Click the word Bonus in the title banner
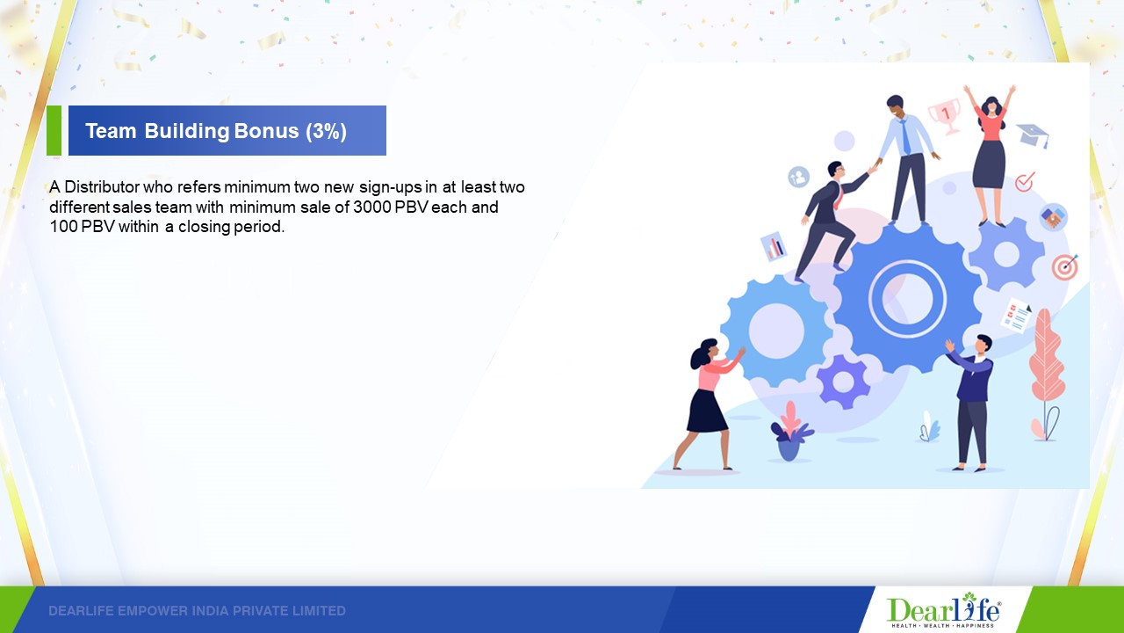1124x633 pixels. click(x=266, y=131)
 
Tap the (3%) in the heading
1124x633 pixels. click(x=326, y=131)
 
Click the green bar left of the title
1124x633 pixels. click(x=54, y=130)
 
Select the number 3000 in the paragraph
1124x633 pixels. click(x=372, y=207)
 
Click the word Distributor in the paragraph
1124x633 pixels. click(x=102, y=187)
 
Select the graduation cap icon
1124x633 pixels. click(x=1033, y=135)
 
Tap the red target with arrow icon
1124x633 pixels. click(x=1065, y=267)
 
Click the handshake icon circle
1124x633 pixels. click(x=1053, y=217)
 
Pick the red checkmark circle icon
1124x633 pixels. click(x=1024, y=182)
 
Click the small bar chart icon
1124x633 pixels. click(x=774, y=246)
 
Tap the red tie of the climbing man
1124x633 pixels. click(x=837, y=196)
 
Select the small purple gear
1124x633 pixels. click(x=843, y=382)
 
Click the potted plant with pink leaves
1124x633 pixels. click(x=790, y=431)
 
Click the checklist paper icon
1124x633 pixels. click(x=1016, y=316)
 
